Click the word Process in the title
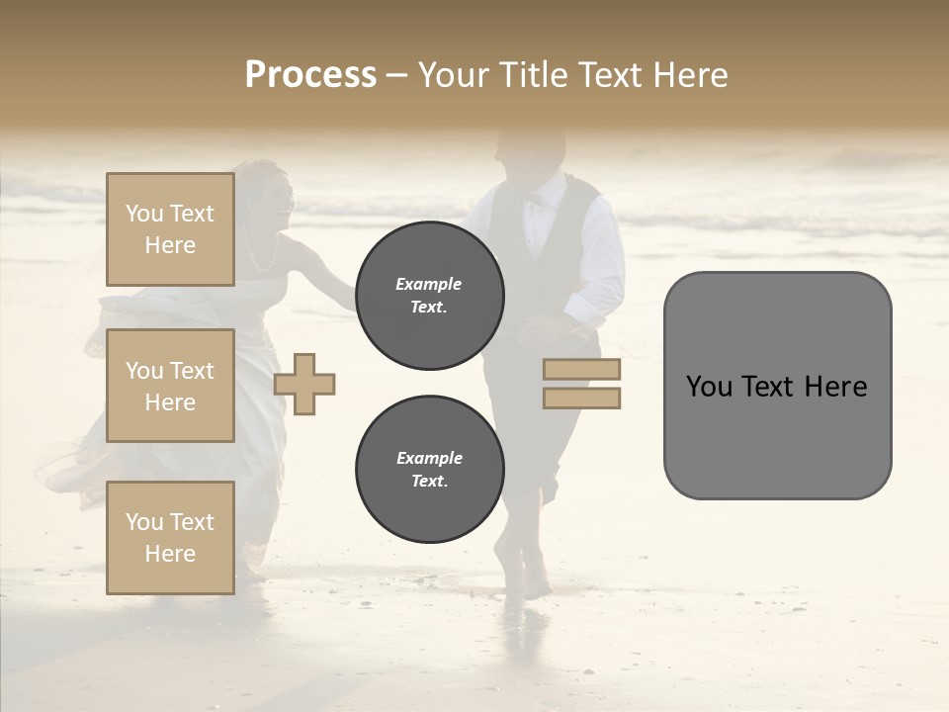(310, 75)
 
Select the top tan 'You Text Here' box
(170, 229)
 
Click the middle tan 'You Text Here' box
(170, 386)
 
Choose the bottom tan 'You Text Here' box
(170, 538)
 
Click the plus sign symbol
(304, 384)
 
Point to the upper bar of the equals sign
(581, 369)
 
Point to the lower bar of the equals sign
(581, 398)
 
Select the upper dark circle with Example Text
(429, 296)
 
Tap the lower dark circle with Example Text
(429, 470)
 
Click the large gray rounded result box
(777, 386)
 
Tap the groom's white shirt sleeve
(605, 257)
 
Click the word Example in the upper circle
(428, 284)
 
